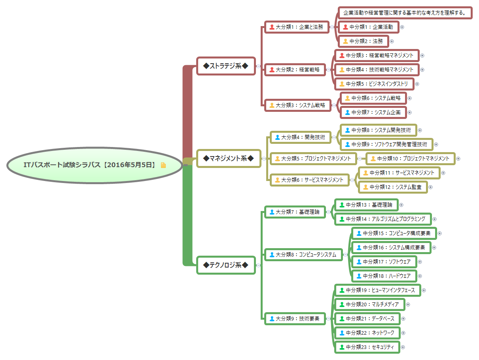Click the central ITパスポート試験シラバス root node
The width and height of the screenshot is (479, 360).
pos(89,165)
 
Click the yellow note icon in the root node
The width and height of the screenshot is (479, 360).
pos(163,165)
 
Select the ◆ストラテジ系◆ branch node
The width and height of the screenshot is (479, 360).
pos(226,66)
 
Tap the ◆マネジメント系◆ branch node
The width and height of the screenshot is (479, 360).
pos(229,158)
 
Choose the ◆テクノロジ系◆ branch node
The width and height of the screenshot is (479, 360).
pos(226,265)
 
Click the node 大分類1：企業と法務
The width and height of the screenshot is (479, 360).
pos(297,27)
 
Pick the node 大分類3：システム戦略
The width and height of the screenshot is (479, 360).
pos(297,105)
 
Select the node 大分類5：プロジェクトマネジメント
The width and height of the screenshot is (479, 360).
pos(313,158)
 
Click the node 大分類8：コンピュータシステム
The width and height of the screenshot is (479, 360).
pos(303,254)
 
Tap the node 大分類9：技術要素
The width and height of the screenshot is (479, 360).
pos(295,319)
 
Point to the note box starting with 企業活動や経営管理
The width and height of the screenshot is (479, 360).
pos(405,13)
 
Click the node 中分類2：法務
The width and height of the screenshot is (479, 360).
pos(362,41)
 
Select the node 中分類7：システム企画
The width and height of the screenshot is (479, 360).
pos(373,112)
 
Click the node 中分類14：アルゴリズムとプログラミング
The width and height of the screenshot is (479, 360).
pos(382,219)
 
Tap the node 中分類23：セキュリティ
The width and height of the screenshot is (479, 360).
pos(367,347)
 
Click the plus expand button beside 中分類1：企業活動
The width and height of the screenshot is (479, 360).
pos(402,27)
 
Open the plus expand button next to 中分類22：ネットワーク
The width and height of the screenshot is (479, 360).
pos(403,333)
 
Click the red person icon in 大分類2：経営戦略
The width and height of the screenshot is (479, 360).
pos(272,70)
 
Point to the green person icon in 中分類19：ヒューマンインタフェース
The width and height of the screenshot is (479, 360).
pos(342,290)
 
